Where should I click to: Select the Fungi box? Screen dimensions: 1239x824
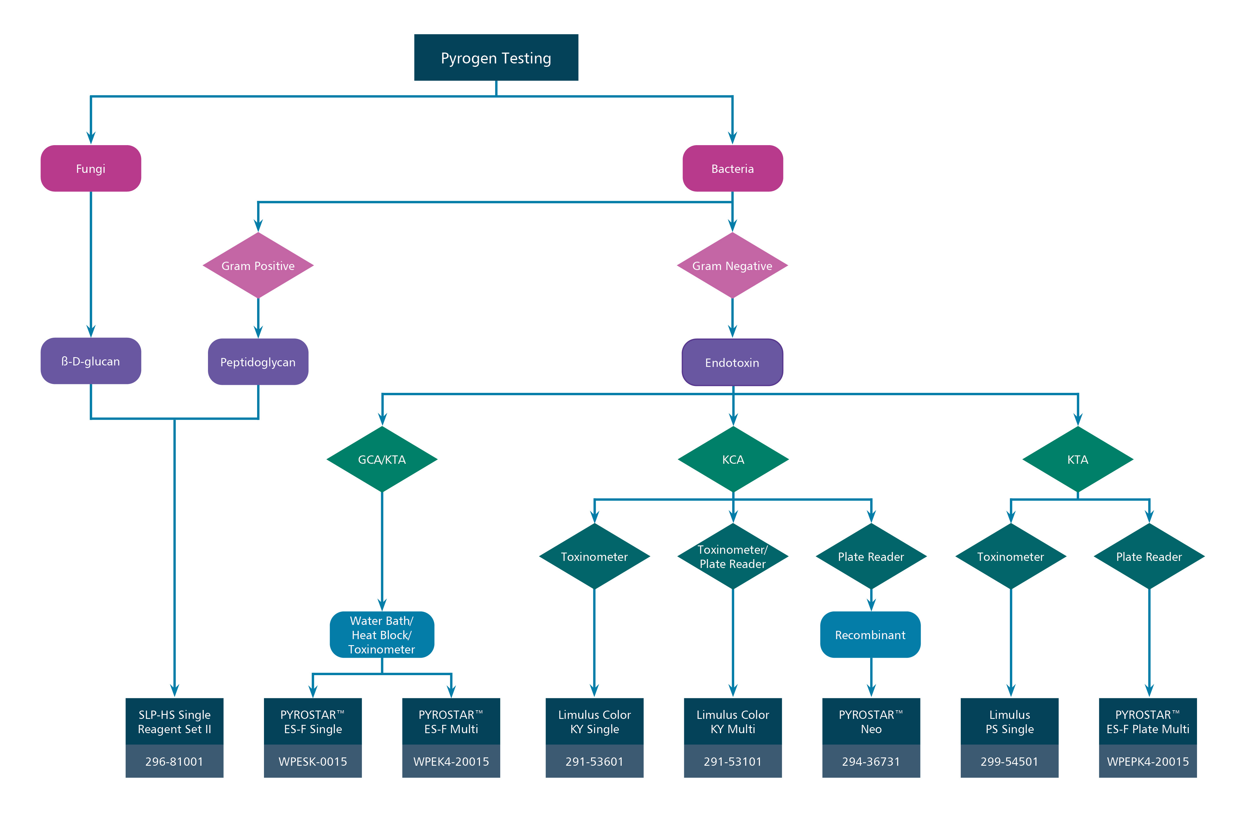(91, 168)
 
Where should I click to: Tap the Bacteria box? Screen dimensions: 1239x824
(732, 168)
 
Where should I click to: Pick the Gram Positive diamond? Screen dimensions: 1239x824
(258, 265)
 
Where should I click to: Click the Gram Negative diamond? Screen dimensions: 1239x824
(732, 265)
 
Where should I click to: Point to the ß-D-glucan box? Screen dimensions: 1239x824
(91, 361)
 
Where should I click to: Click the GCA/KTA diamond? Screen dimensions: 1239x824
(382, 459)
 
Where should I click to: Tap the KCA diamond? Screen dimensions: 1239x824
(733, 459)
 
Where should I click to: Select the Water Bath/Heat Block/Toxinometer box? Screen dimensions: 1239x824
(382, 635)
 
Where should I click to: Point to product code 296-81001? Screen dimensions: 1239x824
(175, 761)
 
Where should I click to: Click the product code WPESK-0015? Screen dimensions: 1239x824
(313, 761)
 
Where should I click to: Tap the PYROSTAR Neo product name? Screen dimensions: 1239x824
(871, 721)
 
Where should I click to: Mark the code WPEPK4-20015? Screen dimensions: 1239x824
(1148, 761)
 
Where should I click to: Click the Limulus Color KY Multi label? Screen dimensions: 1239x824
(733, 721)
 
